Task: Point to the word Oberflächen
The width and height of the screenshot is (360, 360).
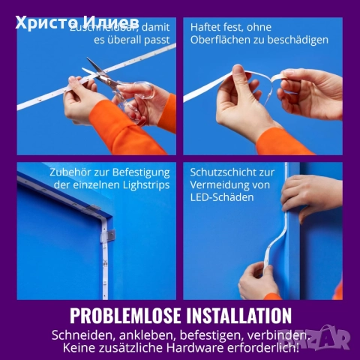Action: point(224,40)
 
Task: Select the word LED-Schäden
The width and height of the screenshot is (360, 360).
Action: point(222,197)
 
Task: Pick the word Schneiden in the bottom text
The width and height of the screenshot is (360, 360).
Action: point(82,334)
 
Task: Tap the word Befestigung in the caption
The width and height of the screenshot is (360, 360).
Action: point(139,172)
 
